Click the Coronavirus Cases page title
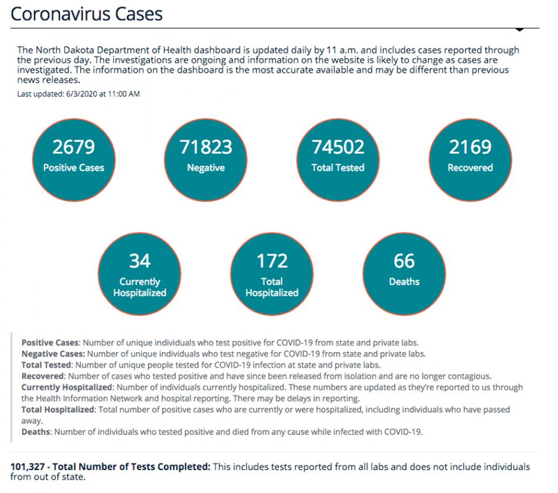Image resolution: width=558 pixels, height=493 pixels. (x=87, y=13)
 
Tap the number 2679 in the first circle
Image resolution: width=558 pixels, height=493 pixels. (x=73, y=147)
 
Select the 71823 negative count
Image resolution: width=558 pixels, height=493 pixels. (x=206, y=147)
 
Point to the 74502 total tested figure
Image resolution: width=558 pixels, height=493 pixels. (x=338, y=147)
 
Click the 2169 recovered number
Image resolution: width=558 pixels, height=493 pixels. (x=470, y=147)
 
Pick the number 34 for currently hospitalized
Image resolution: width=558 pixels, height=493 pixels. (x=139, y=261)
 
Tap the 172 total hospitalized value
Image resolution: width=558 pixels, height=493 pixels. (x=272, y=261)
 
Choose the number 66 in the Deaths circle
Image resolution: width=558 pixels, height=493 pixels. (x=404, y=261)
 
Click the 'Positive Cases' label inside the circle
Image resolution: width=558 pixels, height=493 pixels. (x=73, y=168)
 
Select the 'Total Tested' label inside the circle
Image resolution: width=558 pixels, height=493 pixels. (x=338, y=168)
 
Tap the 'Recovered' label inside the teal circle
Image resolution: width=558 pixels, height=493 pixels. (x=470, y=168)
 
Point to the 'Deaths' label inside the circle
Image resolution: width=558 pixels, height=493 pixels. (x=404, y=282)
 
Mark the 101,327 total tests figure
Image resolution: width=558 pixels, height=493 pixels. (x=29, y=467)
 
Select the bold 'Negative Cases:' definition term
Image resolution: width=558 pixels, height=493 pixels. (x=53, y=354)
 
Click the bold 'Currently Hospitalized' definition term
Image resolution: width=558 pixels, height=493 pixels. (x=66, y=387)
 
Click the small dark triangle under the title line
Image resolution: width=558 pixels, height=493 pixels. (x=519, y=29)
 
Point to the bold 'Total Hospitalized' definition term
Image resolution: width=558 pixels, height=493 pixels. (x=57, y=410)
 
